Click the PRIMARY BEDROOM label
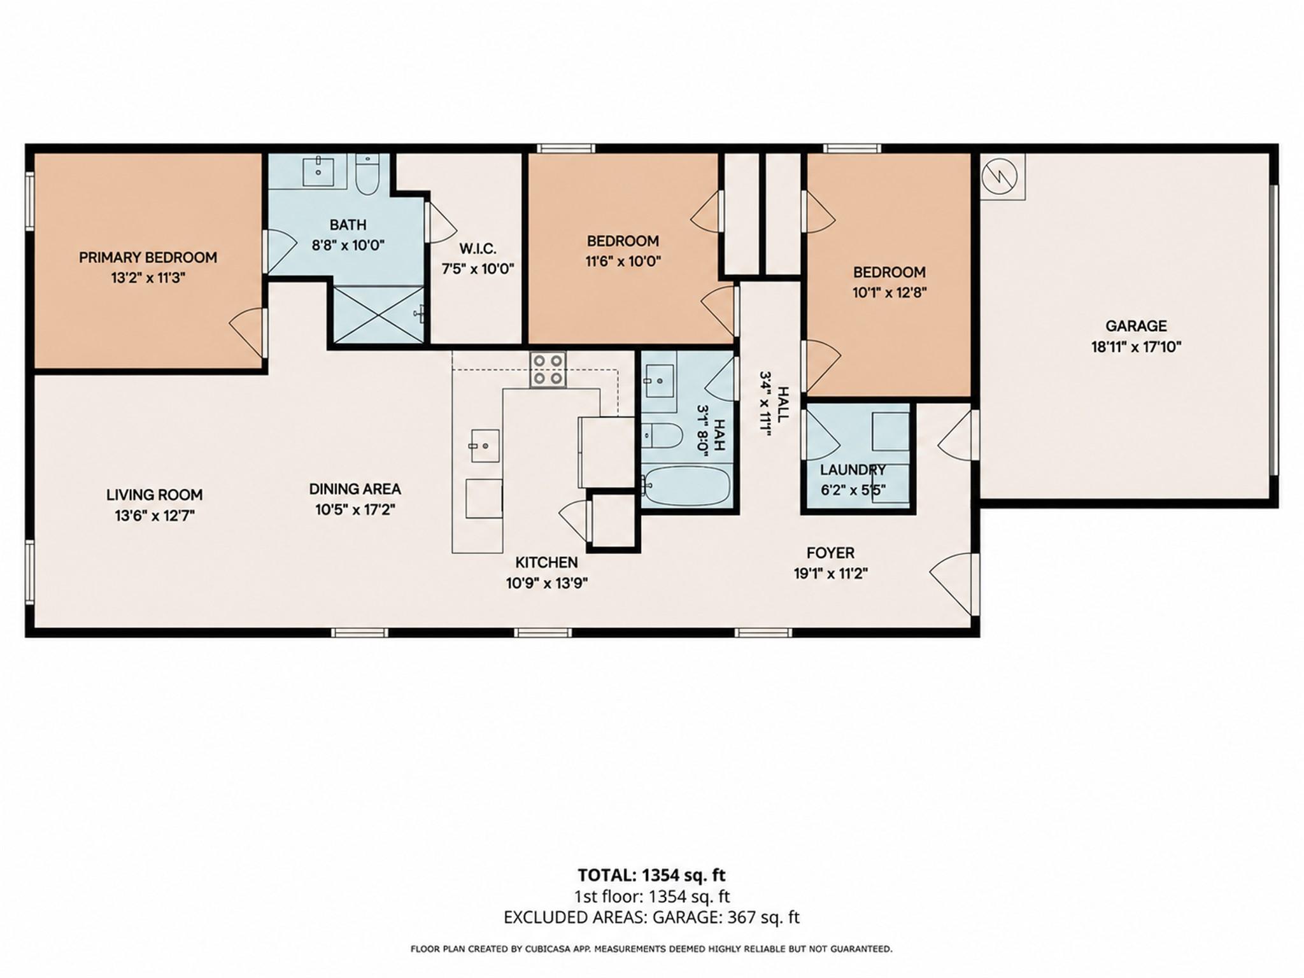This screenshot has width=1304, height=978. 148,257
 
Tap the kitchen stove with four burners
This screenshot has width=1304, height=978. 548,369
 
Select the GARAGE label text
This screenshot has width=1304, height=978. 1136,326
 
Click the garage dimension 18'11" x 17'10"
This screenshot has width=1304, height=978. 1136,347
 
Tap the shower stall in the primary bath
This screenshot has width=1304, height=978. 379,315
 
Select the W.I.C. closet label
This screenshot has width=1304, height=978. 478,248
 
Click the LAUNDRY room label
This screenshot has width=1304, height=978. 853,470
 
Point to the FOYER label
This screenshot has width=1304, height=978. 830,553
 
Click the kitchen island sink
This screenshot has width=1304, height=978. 485,446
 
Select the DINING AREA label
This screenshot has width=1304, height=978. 355,489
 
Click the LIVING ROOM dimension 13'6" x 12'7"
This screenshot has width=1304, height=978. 155,515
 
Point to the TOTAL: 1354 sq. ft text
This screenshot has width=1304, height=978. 651,875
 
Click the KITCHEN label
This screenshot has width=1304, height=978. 546,562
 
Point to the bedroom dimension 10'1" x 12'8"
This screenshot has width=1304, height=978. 889,293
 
